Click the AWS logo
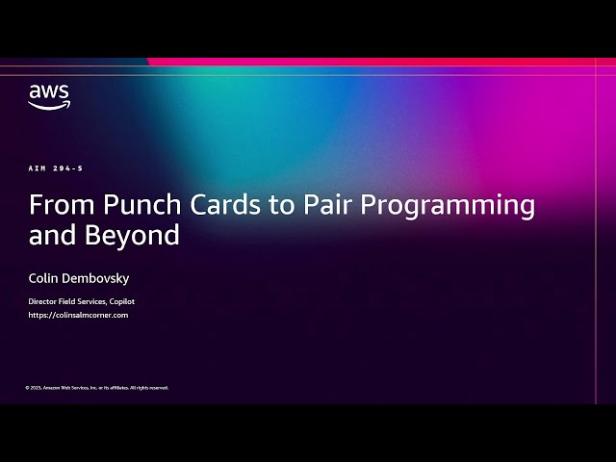coord(48,95)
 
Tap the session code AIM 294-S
coord(56,168)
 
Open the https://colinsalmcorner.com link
coord(78,315)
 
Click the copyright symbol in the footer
coord(27,388)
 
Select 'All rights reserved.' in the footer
coord(149,388)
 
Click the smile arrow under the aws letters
coord(48,105)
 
